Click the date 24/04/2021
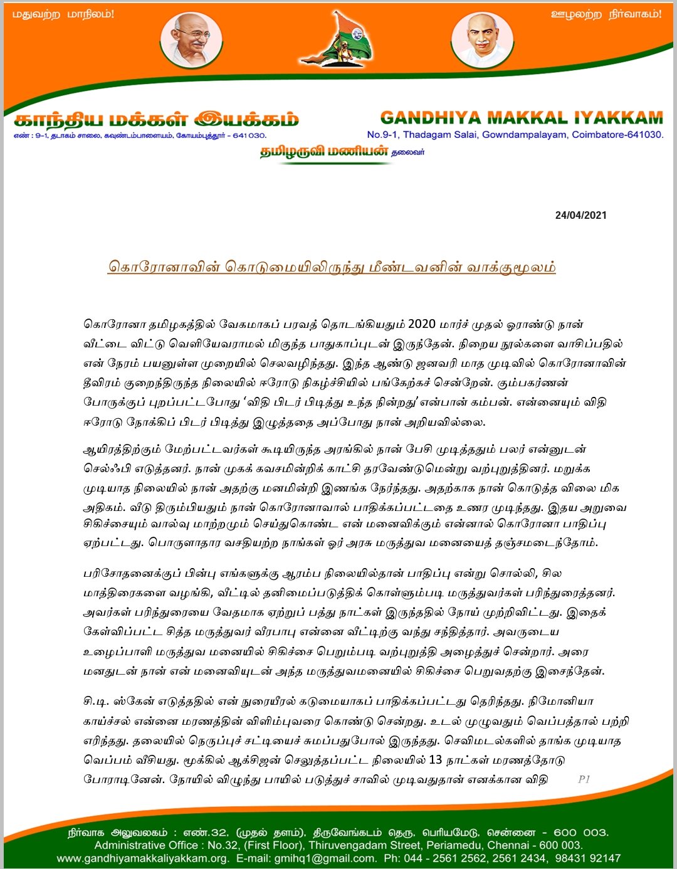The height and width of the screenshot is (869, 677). point(580,215)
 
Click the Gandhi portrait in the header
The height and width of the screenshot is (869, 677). point(191,39)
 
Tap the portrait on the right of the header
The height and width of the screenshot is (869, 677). point(481,39)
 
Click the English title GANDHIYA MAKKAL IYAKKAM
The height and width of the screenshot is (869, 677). point(522,118)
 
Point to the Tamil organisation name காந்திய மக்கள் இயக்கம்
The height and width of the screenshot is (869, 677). point(156,119)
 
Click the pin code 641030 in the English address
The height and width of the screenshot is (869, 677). point(645,135)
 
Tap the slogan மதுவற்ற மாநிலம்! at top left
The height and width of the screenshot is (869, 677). point(63,14)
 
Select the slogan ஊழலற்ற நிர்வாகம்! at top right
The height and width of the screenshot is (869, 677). point(606,14)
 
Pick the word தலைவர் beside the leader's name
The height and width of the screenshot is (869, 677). point(408,152)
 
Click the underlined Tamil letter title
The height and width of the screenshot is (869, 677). point(332,266)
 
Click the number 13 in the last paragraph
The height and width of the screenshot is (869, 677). point(435,760)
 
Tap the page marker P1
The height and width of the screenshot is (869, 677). point(584,779)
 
